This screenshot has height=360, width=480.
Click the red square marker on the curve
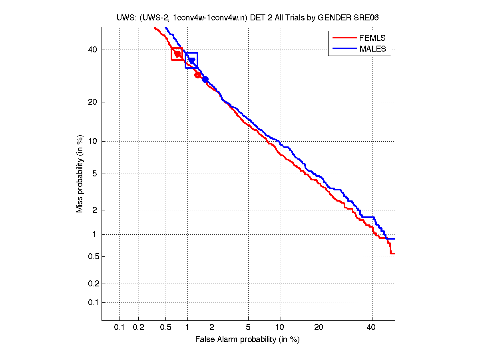[x=177, y=54]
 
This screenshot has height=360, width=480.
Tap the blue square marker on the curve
[x=191, y=60]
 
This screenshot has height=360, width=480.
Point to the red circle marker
[x=197, y=75]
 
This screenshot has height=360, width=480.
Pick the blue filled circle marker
[x=205, y=79]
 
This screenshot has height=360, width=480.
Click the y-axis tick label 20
[x=93, y=102]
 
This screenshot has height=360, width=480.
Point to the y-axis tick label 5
[x=95, y=174]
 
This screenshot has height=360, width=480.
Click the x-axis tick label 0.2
[x=138, y=328]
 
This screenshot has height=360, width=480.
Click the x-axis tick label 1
[x=187, y=328]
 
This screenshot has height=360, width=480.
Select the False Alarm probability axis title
[x=247, y=340]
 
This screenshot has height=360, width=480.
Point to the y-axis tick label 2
[x=95, y=210]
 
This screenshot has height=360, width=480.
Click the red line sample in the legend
[x=344, y=38]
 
